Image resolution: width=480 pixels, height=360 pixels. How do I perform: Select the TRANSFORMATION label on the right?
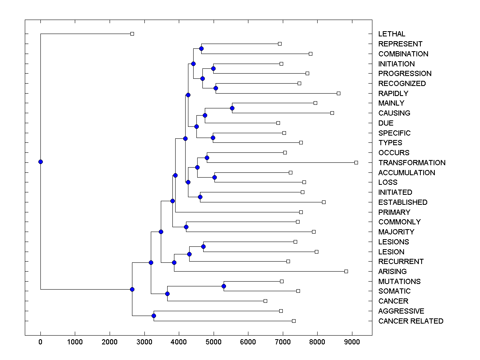point(412,163)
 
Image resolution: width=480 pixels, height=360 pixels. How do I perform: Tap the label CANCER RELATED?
point(410,321)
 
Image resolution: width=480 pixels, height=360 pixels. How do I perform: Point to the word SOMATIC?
point(394,291)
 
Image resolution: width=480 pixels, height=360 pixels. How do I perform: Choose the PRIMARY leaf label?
point(394,212)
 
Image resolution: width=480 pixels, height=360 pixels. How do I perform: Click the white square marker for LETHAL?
point(132,34)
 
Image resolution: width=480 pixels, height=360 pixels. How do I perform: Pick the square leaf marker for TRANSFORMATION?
point(356,162)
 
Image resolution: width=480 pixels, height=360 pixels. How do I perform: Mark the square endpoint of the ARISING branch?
point(346,271)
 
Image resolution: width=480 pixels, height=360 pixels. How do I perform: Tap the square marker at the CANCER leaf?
point(265,301)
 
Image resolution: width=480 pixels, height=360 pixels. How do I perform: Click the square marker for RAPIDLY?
point(338,93)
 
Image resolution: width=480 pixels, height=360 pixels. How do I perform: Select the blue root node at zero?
point(40,162)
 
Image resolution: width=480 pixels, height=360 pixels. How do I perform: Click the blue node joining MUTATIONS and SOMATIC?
point(224,286)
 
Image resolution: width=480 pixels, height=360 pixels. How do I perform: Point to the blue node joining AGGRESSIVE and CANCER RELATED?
point(154,316)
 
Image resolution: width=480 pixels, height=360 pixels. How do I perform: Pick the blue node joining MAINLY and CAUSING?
point(232,108)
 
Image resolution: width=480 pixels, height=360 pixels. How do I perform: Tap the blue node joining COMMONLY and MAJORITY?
point(186,227)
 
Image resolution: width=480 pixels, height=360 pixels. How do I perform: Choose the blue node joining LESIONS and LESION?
point(203,246)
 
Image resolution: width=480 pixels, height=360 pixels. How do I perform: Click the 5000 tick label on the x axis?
point(213,342)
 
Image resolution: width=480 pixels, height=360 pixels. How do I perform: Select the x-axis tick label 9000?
point(352,342)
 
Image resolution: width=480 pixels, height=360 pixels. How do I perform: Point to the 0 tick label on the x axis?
point(40,342)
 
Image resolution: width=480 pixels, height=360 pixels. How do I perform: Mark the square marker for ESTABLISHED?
point(324,202)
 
